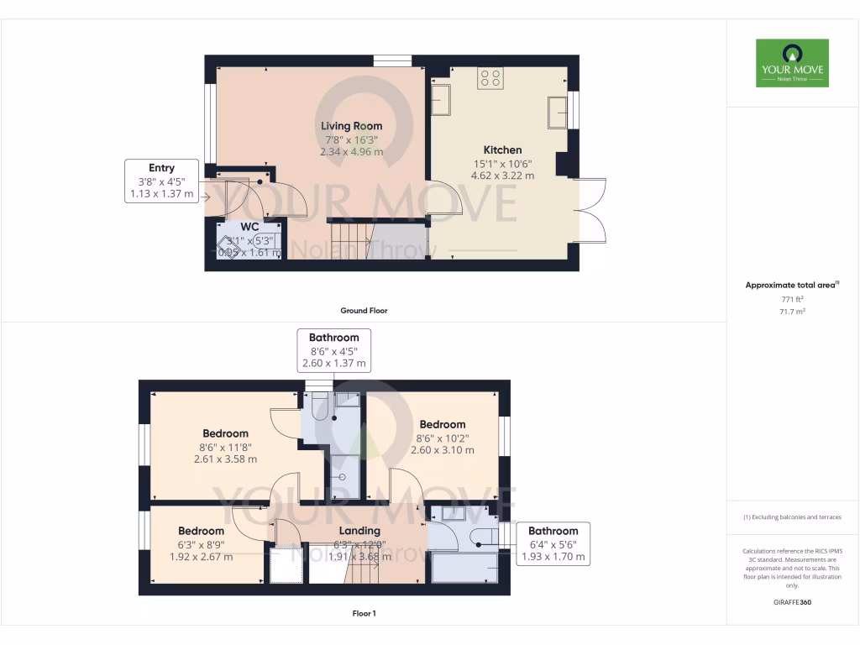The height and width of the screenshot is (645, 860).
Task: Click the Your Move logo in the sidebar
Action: (x=792, y=63)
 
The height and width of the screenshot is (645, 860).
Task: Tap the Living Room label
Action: (x=351, y=126)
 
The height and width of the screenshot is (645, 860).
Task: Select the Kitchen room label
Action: (x=502, y=149)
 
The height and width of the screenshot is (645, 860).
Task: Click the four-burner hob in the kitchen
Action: (x=490, y=79)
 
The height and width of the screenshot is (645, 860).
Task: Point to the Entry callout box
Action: (x=161, y=181)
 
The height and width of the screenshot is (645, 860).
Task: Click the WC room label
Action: (x=249, y=228)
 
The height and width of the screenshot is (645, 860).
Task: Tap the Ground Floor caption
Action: (x=363, y=311)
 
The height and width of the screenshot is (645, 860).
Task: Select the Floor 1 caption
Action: (x=363, y=614)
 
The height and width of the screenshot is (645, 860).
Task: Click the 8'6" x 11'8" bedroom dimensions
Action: (x=225, y=447)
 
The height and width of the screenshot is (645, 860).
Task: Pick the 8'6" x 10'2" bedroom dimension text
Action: (x=442, y=438)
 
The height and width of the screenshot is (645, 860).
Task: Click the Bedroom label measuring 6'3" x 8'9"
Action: (x=201, y=531)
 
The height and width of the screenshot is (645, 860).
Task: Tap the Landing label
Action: (x=359, y=531)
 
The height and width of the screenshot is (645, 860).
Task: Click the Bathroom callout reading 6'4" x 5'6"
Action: (x=553, y=543)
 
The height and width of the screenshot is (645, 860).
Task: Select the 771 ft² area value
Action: (x=792, y=299)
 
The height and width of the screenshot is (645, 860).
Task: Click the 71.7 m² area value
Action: (x=792, y=312)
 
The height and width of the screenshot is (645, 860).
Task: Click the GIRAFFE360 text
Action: (x=792, y=602)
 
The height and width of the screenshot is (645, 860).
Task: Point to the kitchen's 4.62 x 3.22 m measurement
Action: (x=502, y=176)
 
